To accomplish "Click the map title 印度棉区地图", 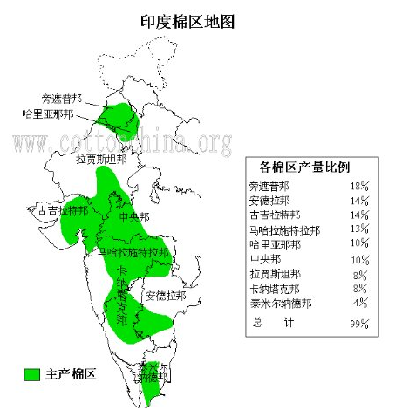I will (187, 20).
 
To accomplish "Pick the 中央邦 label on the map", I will (134, 217).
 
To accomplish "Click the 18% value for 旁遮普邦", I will (359, 187).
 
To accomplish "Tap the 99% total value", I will (359, 324).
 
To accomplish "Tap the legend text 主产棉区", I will (71, 374).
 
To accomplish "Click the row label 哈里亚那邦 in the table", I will (275, 244).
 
